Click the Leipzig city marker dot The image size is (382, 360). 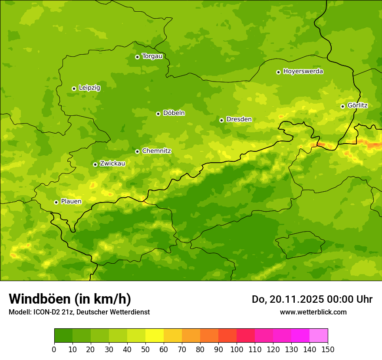[74, 88]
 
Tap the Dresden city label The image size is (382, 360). [239, 119]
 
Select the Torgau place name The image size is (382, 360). [152, 56]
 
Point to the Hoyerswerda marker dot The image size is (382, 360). [278, 72]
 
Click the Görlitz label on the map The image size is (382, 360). [357, 105]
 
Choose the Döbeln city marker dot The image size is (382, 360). [158, 114]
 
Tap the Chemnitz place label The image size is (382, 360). [156, 151]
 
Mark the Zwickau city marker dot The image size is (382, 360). [95, 164]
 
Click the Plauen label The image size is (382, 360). [71, 202]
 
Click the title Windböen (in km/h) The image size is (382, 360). [69, 299]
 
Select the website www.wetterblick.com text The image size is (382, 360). [313, 312]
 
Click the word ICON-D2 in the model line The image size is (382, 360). [44, 312]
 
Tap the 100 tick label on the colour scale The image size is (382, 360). [237, 350]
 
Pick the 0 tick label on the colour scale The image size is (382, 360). [54, 350]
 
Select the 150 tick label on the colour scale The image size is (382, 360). [328, 350]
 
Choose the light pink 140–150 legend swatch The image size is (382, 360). [319, 336]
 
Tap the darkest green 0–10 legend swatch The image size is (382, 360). [63, 336]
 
